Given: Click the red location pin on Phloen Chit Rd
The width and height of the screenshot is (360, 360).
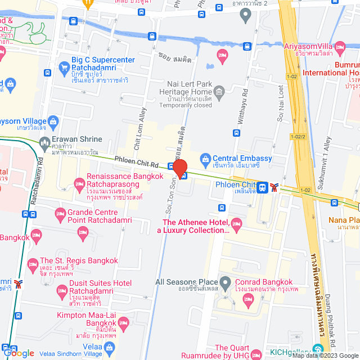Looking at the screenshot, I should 180,167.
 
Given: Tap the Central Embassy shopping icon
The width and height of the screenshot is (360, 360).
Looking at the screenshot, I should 206,159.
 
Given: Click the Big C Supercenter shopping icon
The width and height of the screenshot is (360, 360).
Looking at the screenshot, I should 63,71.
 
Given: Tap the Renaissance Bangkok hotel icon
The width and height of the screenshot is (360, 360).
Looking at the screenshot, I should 79,184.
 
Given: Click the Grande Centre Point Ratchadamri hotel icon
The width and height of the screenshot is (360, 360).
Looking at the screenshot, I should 60,214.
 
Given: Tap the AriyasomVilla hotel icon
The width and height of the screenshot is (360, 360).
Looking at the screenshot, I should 340,46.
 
